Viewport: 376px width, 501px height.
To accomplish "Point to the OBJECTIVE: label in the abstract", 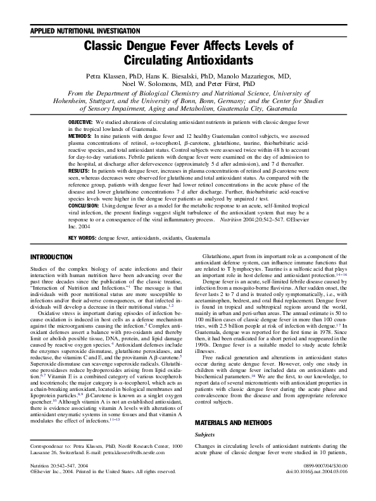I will point(81,121).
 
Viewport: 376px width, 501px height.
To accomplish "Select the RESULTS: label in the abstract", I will point(79,171).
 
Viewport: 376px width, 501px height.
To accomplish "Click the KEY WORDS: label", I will point(83,238).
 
